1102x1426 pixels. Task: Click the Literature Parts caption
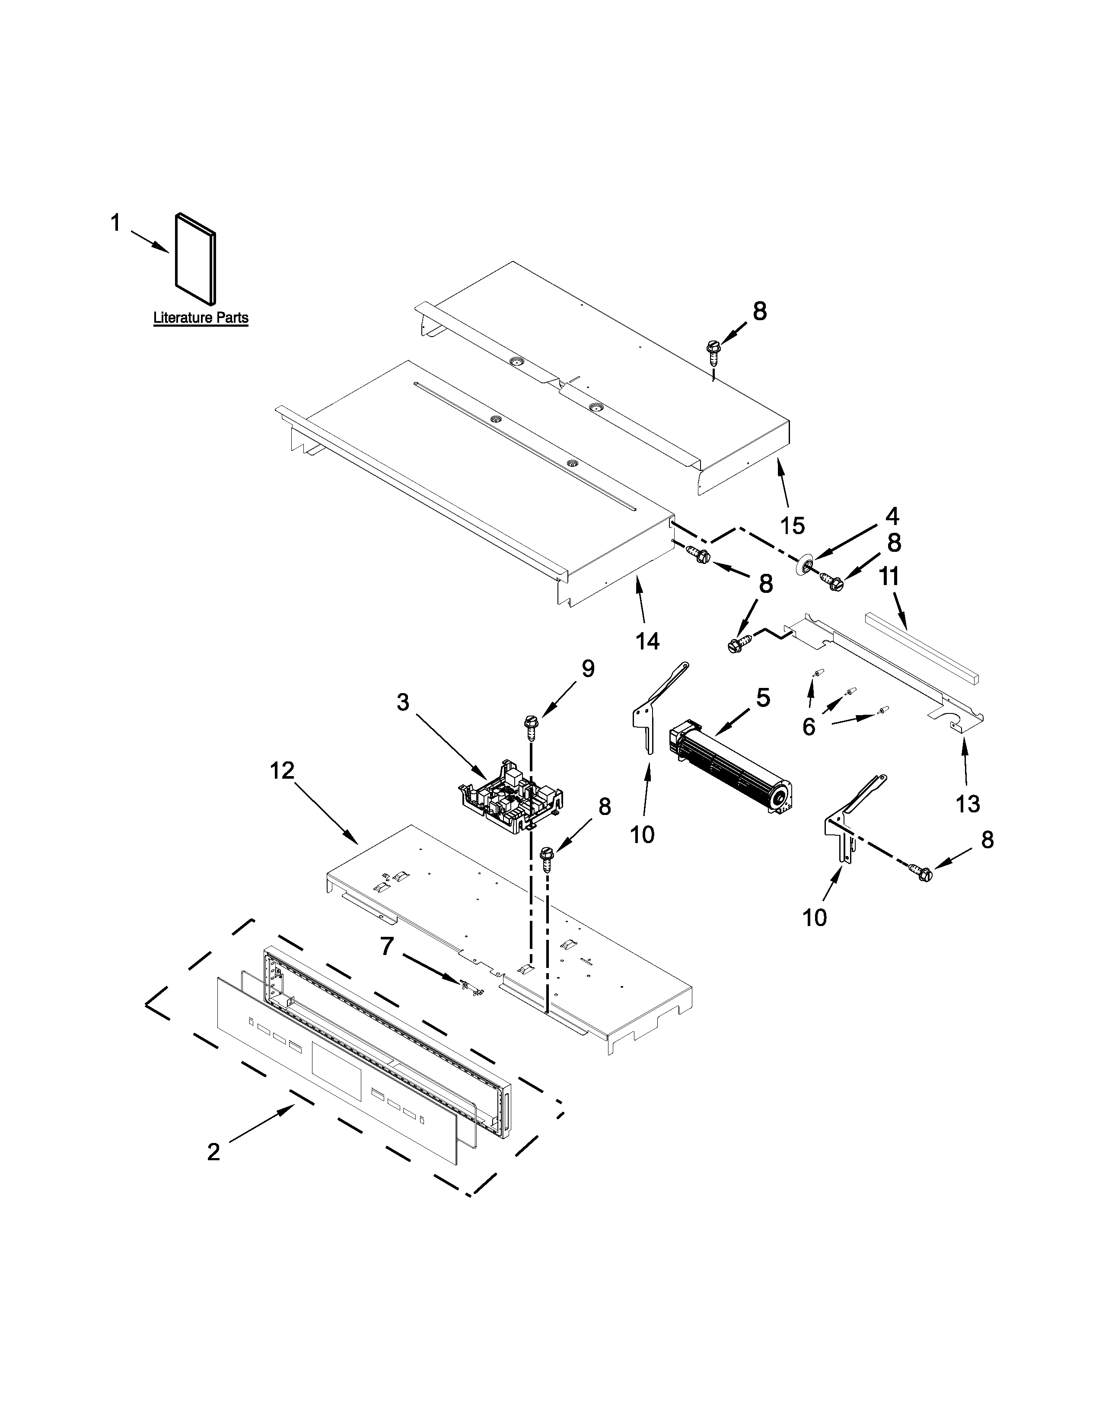click(x=201, y=318)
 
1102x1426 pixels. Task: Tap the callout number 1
click(x=115, y=223)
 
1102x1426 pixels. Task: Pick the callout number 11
click(x=889, y=576)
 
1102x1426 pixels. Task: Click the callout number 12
click(x=283, y=770)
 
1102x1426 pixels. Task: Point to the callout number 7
click(x=387, y=946)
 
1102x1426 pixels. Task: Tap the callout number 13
click(x=968, y=804)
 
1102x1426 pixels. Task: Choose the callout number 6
click(x=808, y=726)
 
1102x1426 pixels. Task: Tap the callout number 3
click(x=403, y=703)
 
